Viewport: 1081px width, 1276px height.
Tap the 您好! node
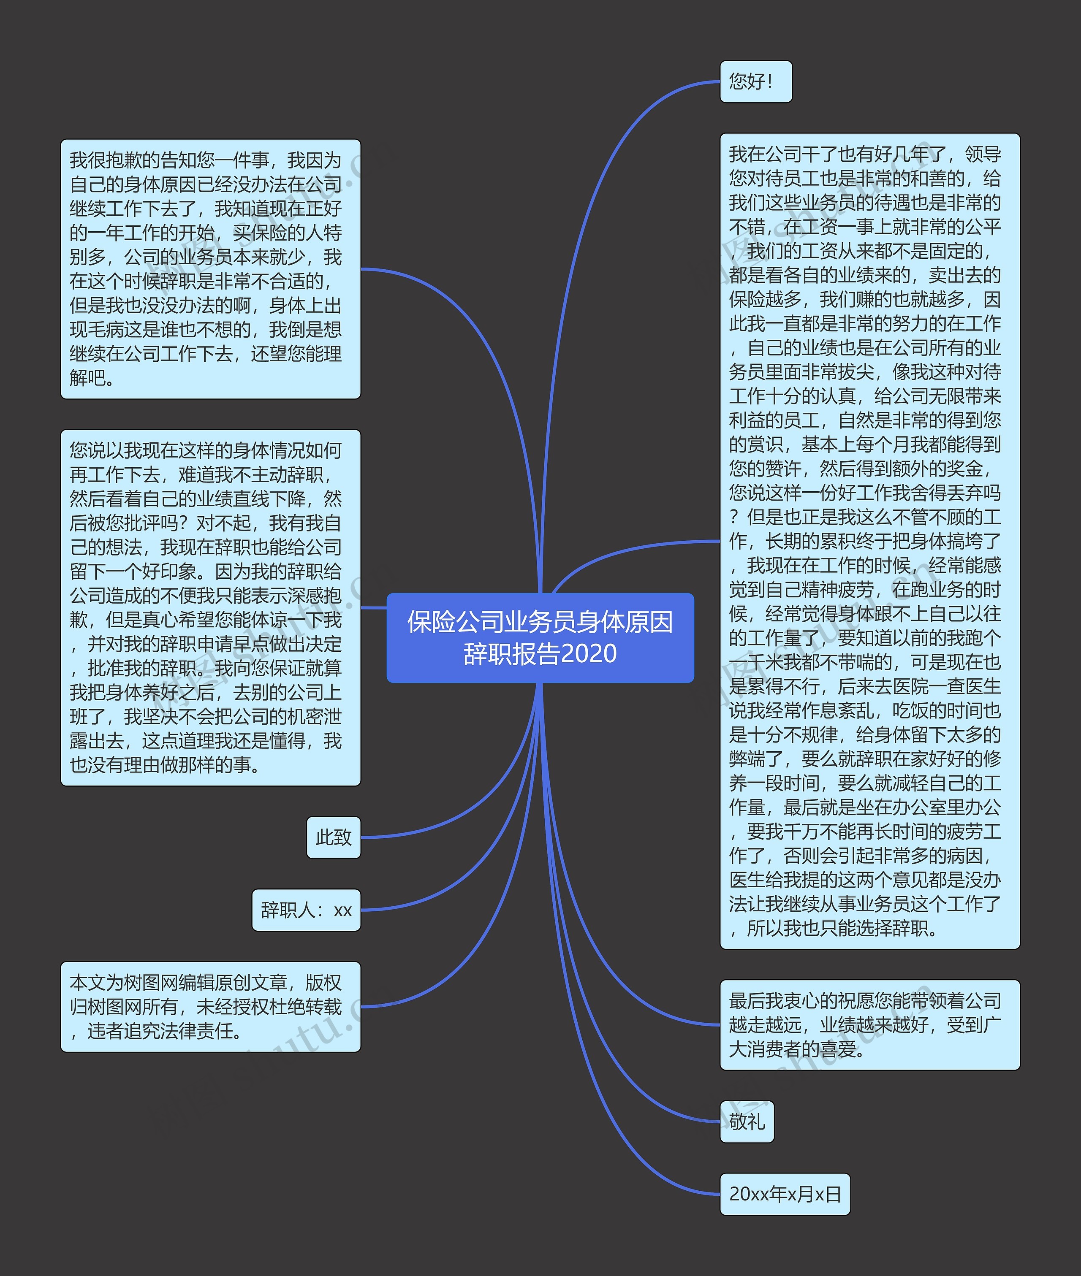coord(755,81)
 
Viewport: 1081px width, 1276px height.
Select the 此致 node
coord(333,837)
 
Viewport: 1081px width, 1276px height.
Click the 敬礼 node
coord(747,1122)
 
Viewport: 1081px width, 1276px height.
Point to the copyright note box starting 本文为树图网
coord(210,1006)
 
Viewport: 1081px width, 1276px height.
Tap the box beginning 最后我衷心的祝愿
coord(869,1025)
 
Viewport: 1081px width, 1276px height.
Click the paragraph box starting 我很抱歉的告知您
coord(210,269)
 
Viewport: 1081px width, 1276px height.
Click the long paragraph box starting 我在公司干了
coord(869,541)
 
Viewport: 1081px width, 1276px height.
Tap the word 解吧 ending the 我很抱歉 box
coord(92,378)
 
